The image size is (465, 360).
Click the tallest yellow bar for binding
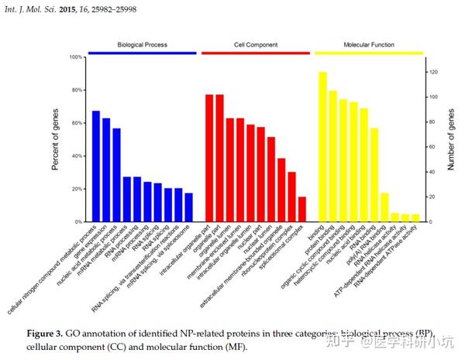pyautogui.click(x=322, y=146)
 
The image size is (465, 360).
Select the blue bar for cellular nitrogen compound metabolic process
pyautogui.click(x=96, y=166)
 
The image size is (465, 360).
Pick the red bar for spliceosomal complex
pyautogui.click(x=301, y=209)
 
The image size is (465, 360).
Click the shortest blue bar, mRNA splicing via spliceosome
pyautogui.click(x=188, y=207)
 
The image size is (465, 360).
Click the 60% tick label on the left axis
pyautogui.click(x=74, y=123)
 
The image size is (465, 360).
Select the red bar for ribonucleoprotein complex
pyautogui.click(x=291, y=197)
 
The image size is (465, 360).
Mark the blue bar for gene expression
pyautogui.click(x=106, y=170)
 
